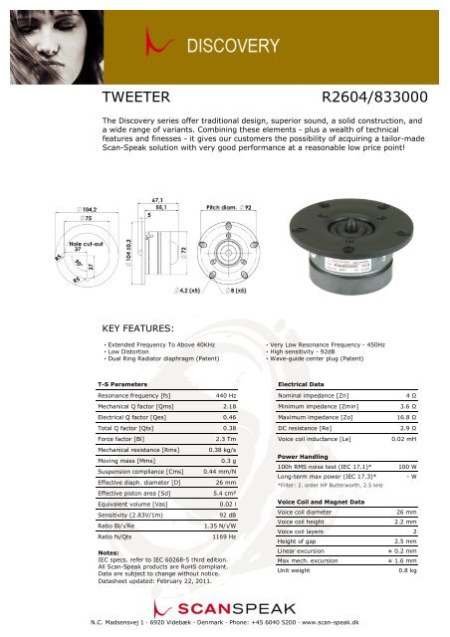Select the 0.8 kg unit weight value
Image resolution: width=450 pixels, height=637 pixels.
tap(407, 571)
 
